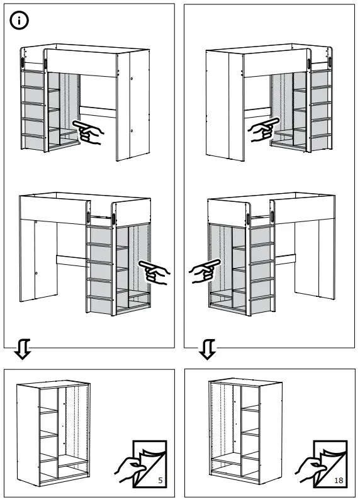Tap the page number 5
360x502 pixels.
[x=160, y=481]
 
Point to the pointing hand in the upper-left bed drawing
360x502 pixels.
[x=89, y=132]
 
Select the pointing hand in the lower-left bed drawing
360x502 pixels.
[x=154, y=272]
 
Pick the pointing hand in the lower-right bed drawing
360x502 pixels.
[x=205, y=272]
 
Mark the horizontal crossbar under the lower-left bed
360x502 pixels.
[x=71, y=259]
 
